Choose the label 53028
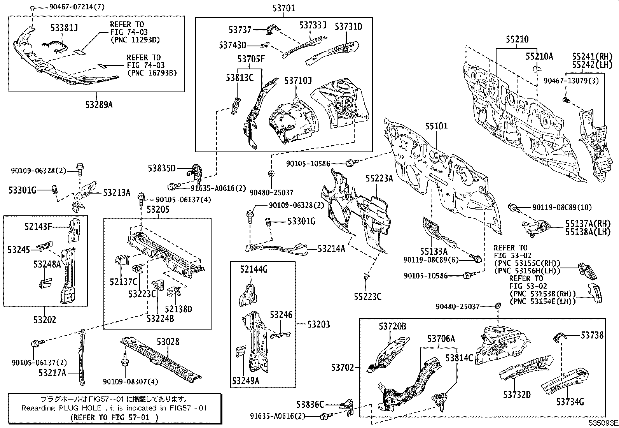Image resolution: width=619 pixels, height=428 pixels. (x=168, y=342)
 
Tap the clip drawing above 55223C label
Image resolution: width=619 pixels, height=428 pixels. (x=367, y=277)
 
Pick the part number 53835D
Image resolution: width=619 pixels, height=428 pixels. (x=162, y=168)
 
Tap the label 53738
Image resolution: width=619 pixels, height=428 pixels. (x=592, y=335)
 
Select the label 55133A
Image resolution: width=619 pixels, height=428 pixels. (x=433, y=252)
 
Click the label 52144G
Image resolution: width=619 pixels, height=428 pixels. (x=254, y=269)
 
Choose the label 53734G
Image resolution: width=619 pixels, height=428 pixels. (x=570, y=402)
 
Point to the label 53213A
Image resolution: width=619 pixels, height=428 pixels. (x=117, y=192)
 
